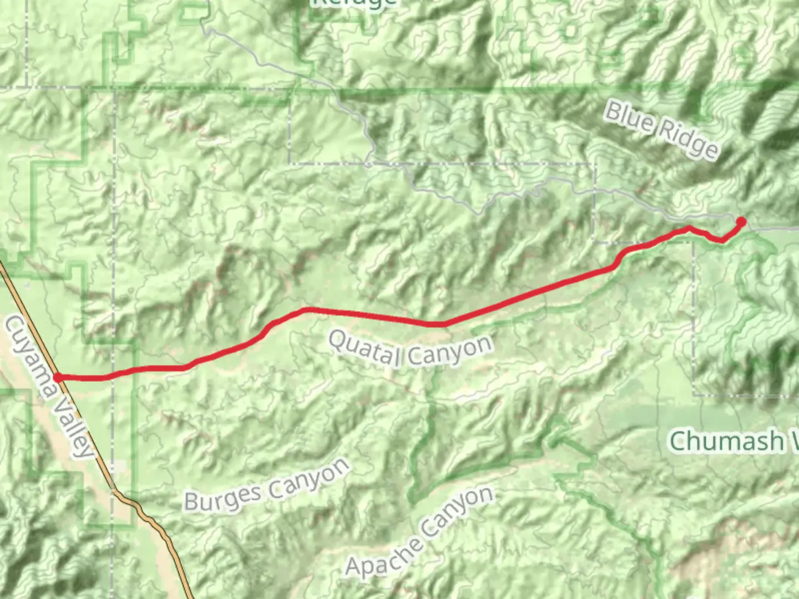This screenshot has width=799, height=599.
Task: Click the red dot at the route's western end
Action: click(58, 378)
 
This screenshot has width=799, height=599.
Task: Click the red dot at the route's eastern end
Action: click(740, 222)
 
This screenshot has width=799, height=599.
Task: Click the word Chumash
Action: click(725, 441)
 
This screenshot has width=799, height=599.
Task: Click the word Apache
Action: click(383, 556)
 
